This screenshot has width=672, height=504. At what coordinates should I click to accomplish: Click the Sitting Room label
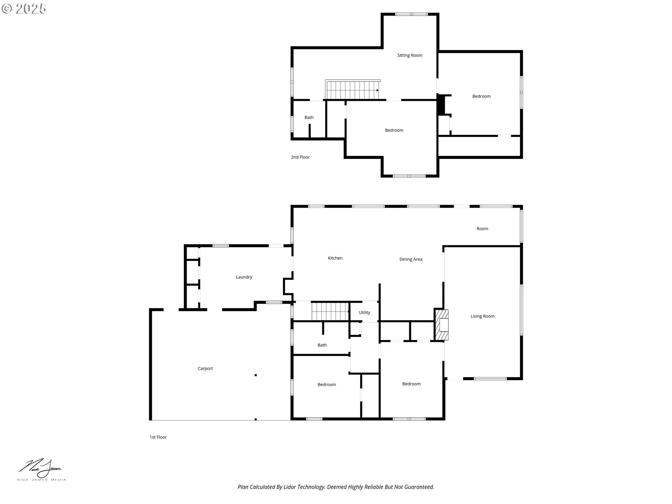pos(409,55)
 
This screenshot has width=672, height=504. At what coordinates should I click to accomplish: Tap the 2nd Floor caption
pos(300,157)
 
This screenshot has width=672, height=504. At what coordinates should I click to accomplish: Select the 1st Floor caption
pos(158,437)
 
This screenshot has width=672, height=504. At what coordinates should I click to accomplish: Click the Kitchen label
pos(335,258)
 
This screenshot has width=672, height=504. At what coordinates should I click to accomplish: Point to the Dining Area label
pos(411,259)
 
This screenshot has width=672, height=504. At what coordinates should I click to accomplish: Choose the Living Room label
pos(482,316)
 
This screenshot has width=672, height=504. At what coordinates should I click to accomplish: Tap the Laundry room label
pos(244,277)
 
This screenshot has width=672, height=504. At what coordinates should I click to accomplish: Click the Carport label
pos(205,369)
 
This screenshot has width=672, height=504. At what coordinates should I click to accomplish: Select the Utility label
pos(364,313)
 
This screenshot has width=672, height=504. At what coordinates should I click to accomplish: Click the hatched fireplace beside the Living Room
pos(442,324)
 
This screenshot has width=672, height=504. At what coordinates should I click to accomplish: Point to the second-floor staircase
pos(353,90)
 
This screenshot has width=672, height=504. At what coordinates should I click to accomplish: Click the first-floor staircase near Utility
pos(330,311)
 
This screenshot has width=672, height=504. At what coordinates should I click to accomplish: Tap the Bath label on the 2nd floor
pos(309,118)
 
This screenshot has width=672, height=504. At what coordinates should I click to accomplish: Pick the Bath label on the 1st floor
pos(322,345)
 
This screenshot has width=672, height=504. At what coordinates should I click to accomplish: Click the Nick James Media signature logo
pos(41,470)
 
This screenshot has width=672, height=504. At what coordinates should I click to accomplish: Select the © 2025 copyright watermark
pos(24,9)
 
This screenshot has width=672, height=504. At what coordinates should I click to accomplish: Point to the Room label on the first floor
pos(482,229)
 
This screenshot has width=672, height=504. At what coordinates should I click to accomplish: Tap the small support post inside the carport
pos(256,375)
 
